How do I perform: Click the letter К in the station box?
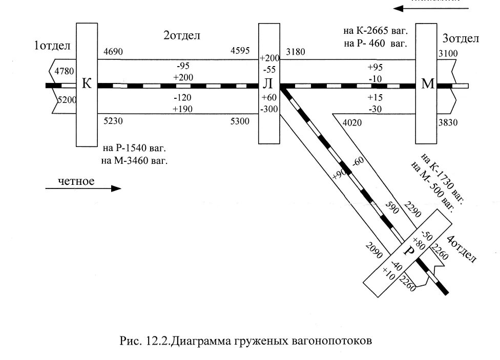click(x=87, y=84)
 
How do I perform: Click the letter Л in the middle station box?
click(x=269, y=86)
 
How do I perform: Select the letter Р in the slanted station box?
click(x=408, y=251)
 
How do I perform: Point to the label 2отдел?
click(x=181, y=36)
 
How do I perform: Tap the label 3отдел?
click(x=461, y=39)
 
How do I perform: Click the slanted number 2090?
click(x=375, y=248)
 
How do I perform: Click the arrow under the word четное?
click(x=83, y=188)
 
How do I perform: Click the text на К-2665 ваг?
click(x=376, y=32)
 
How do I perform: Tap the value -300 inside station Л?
click(x=269, y=109)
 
